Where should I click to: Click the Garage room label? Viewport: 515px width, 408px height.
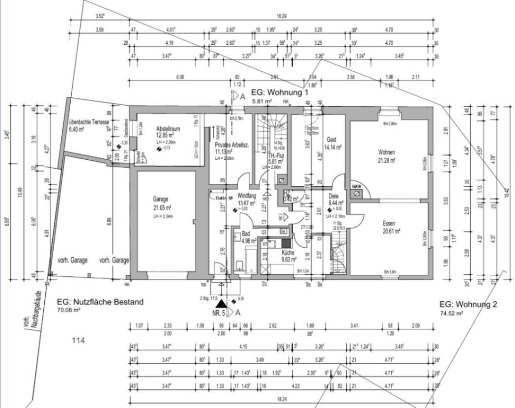tap(161, 199)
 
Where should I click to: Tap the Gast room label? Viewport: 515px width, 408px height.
tap(331, 140)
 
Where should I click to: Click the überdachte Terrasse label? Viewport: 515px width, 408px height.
tap(89, 121)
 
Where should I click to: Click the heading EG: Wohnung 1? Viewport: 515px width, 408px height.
tap(279, 92)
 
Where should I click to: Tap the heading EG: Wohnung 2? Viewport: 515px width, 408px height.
tap(468, 304)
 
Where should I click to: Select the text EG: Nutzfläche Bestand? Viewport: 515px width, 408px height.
tap(100, 302)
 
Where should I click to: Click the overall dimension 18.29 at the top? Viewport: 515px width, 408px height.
tap(282, 16)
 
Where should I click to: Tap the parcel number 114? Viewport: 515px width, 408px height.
tap(79, 340)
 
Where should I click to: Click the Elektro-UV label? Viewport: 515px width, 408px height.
tap(224, 197)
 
